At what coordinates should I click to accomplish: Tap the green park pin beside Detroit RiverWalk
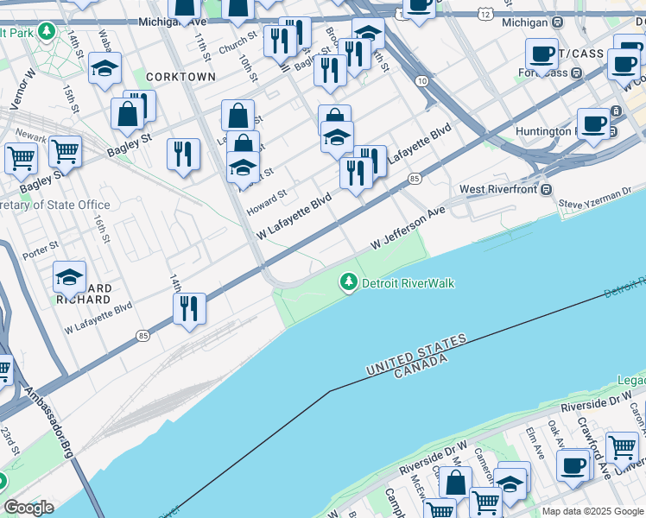pos(349,281)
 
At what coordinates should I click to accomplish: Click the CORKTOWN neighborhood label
pos(180,77)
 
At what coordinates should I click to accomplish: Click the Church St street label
pos(237,44)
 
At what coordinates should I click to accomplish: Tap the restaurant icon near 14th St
pos(189,308)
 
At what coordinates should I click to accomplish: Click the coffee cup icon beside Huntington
pos(592,123)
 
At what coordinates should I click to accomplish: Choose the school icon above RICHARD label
pos(69,277)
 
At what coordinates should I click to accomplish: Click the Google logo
pos(28,508)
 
